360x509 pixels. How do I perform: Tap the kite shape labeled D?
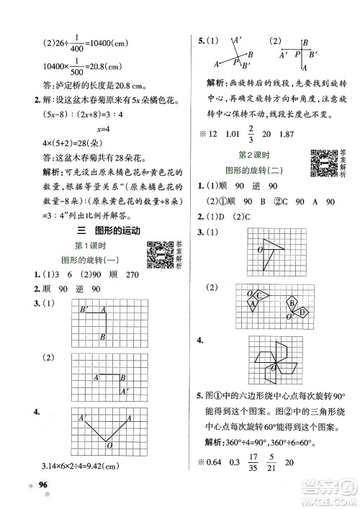click(302, 311)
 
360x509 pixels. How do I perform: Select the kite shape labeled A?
click(253, 305)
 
